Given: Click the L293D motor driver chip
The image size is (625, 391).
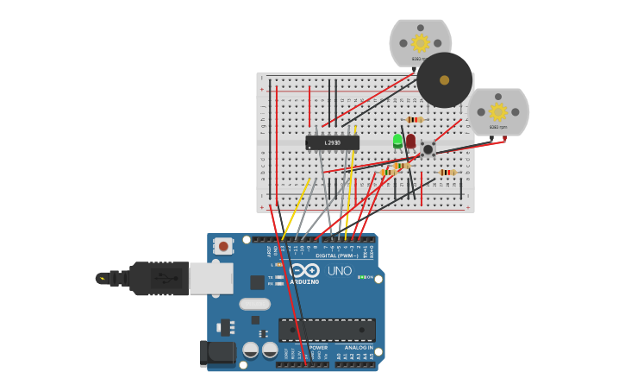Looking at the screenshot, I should coord(332,142).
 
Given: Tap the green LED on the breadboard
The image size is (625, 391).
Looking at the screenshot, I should coord(397,140).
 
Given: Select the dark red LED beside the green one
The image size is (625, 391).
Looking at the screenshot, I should coord(410,140).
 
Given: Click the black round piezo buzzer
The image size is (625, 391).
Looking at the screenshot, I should coord(444,80).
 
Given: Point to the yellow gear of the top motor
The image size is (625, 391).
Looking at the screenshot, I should coord(420,43).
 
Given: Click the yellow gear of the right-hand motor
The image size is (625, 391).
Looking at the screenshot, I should coord(497,111).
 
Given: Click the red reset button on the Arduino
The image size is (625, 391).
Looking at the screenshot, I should coord(223,246).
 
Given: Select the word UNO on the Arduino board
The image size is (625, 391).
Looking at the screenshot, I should coord(339,271).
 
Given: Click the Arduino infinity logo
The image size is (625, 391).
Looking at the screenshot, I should coord(304,270).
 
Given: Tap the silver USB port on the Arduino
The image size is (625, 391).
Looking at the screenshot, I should coord(210,278).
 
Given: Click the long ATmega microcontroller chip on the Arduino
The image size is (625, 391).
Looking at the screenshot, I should coord(327,330).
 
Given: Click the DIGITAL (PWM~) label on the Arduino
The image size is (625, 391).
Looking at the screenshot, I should coord(338,255).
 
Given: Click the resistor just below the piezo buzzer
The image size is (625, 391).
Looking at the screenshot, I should coord(415,120).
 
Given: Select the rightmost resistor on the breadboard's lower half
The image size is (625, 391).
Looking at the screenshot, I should coord(446,173).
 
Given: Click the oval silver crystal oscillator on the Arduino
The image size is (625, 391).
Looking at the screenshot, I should coord(254,304).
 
